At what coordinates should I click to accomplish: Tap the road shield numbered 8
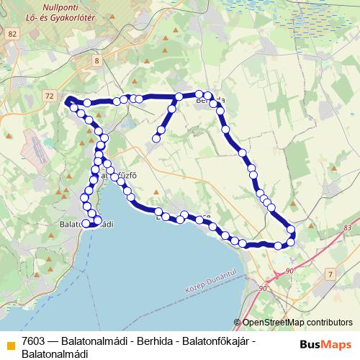click(97, 61)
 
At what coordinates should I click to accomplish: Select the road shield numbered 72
click(48, 95)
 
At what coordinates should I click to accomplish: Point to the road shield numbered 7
click(330, 275)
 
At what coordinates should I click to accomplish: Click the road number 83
click(348, 228)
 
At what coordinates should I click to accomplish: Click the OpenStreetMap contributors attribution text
click(297, 323)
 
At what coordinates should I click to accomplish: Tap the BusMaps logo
click(325, 343)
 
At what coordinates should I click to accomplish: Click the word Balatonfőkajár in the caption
click(210, 340)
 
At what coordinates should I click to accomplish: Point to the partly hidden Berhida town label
click(212, 101)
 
